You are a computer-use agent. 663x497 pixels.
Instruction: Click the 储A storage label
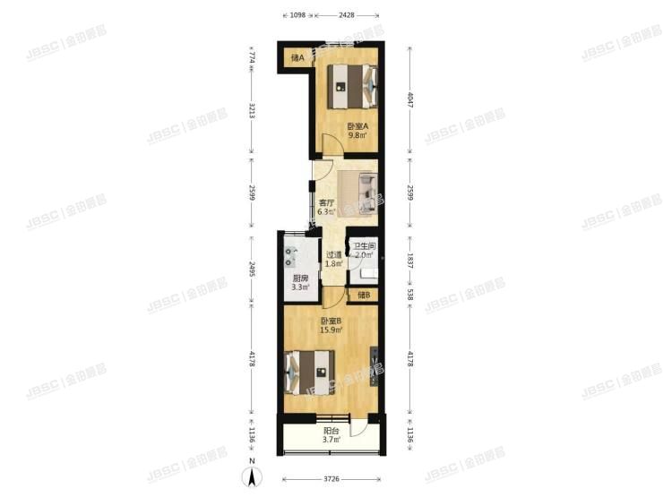(297, 59)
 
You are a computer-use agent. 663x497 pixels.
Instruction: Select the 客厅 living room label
(326, 203)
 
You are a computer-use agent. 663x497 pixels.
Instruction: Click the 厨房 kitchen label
(301, 278)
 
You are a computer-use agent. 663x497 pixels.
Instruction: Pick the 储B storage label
(363, 296)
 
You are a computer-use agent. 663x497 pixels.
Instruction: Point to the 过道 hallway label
(332, 253)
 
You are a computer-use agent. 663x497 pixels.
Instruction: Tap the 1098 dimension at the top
(297, 14)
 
